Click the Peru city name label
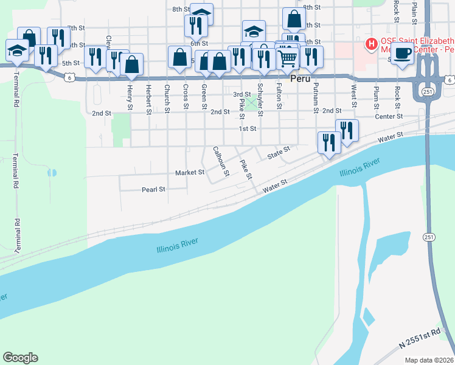point(300,79)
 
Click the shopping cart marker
point(287,58)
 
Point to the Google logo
point(20,358)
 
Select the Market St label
point(190,173)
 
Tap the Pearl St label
point(153,190)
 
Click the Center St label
point(389,116)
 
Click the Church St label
point(167,97)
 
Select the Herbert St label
point(148,97)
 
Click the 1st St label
point(247,129)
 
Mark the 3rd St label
point(242,94)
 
